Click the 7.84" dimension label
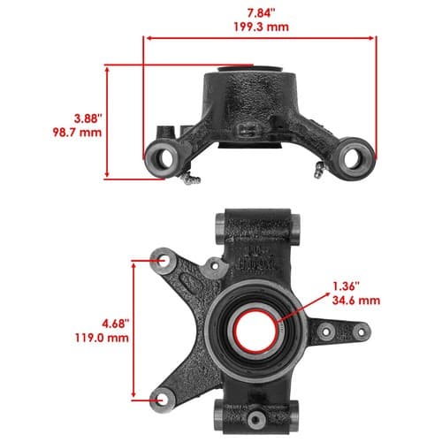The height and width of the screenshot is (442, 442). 261,13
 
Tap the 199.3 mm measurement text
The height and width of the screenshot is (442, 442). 261,27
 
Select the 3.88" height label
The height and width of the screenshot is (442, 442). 88,118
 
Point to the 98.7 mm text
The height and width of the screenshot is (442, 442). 77,132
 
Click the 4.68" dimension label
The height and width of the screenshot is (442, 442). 116,324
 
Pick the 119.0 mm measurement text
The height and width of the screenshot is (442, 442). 102,338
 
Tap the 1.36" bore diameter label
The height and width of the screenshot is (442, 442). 347,286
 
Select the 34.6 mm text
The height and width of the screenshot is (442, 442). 356,301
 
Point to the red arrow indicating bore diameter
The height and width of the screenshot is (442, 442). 303,307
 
